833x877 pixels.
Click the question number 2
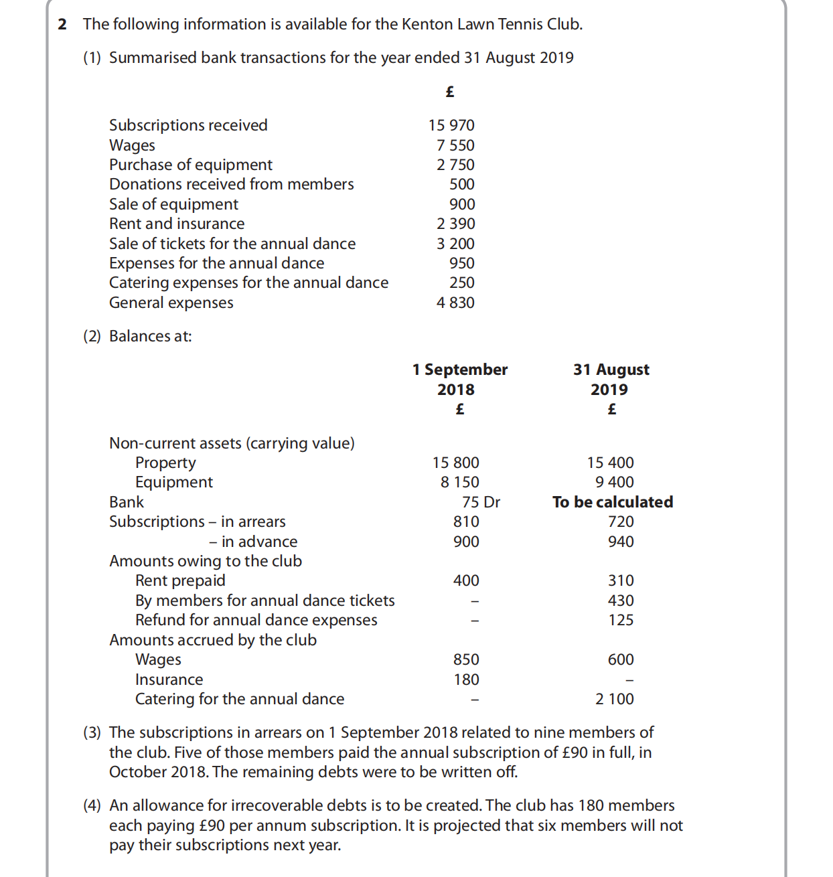click(x=62, y=25)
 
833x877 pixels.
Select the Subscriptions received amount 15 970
click(x=451, y=125)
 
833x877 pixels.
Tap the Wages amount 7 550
click(x=455, y=145)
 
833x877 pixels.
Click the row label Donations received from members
click(x=231, y=184)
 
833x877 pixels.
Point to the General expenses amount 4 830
click(x=455, y=303)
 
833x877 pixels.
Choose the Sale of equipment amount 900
click(x=462, y=204)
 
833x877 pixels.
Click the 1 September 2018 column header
click(x=459, y=379)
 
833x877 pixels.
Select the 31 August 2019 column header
click(x=611, y=379)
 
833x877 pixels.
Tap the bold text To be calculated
click(x=613, y=502)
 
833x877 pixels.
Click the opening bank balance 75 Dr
click(x=481, y=502)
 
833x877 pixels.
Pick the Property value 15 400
click(x=610, y=463)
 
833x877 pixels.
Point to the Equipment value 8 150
click(x=459, y=482)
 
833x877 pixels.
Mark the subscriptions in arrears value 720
click(x=621, y=522)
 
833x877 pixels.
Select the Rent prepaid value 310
click(x=621, y=580)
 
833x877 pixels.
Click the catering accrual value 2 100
click(x=614, y=699)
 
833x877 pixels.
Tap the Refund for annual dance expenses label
click(x=256, y=620)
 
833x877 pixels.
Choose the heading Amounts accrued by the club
click(x=213, y=640)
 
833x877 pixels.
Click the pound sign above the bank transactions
click(x=450, y=92)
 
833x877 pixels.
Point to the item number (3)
click(x=92, y=732)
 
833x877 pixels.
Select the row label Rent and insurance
click(x=177, y=224)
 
